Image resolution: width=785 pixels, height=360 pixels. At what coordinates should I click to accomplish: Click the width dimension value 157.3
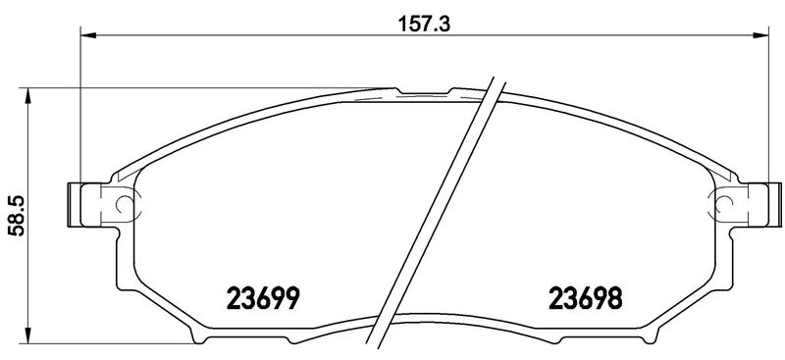(x=424, y=24)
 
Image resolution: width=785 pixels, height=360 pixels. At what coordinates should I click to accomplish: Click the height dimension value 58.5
(x=18, y=217)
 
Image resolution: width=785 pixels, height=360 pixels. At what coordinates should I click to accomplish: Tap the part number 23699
(x=263, y=298)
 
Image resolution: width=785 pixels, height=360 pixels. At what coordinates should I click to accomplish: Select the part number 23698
(x=586, y=298)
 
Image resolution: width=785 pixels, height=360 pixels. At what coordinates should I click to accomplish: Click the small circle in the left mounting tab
(x=125, y=203)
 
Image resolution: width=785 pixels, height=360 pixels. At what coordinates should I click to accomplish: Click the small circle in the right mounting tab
(x=724, y=203)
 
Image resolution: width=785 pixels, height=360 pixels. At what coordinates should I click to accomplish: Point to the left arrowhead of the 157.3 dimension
(x=87, y=35)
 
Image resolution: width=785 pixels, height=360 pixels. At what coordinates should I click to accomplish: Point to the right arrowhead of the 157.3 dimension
(x=761, y=35)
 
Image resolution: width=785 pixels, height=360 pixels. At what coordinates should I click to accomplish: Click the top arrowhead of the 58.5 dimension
(x=28, y=95)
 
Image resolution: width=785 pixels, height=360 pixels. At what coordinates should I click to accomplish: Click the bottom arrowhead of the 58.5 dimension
(x=28, y=335)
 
